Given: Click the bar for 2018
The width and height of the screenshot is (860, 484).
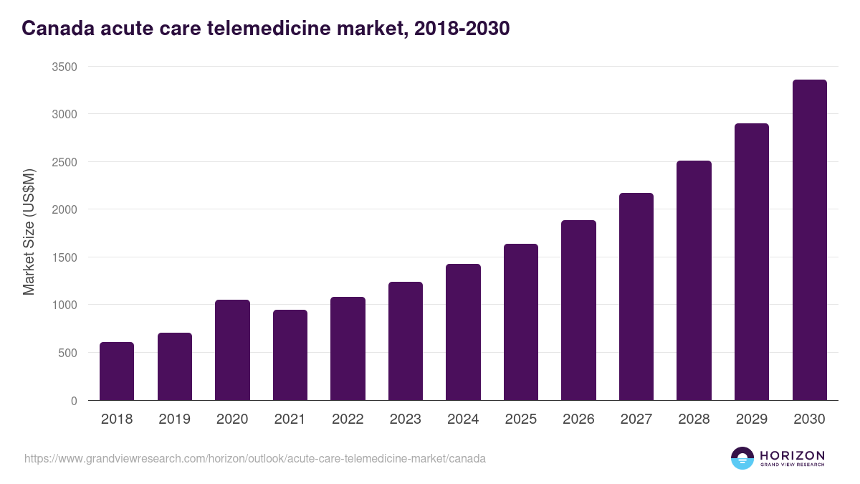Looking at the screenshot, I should coord(117,371).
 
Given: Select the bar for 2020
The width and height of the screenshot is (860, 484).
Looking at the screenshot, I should coord(232,350).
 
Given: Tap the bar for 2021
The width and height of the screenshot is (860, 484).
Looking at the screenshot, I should coord(290,355).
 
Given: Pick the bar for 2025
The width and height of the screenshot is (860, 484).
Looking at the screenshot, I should coord(521,322).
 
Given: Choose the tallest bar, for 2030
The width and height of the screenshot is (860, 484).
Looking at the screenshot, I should coord(809,240).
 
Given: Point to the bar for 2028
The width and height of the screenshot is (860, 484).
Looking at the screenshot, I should coord(694,280).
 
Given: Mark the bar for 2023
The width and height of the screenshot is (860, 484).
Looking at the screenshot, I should coord(406,341).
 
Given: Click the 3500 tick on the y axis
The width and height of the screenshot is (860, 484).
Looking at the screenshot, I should coord(64,67).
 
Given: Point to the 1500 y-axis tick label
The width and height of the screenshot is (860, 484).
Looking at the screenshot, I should coord(64,257).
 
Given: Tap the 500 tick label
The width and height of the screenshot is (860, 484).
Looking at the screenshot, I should coord(67,353).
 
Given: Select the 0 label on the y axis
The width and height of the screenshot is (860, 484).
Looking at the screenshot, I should coord(74,401).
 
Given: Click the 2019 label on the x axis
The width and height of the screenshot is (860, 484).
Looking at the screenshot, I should coord(174,419).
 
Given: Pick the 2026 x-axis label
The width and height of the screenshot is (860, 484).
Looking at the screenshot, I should coord(578,419).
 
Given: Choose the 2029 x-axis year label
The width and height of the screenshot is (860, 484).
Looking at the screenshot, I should coord(751,419).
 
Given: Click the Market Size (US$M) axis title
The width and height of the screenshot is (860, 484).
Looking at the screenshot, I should coord(29,233).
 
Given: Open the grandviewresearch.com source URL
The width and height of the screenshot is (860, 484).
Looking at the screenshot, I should coord(255,458).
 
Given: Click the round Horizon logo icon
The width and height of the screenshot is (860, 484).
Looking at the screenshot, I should coord(742,458).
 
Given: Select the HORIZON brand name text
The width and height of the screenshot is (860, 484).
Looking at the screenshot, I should coord(792,455).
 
